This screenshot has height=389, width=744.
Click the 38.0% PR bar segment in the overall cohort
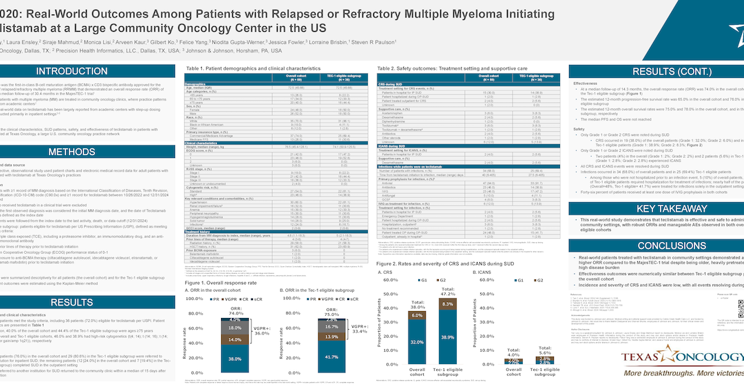pyautogui.click(x=235, y=359)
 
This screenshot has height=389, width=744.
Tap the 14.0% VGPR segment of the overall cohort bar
pyautogui.click(x=235, y=340)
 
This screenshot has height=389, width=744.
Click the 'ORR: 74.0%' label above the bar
pyautogui.click(x=235, y=310)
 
